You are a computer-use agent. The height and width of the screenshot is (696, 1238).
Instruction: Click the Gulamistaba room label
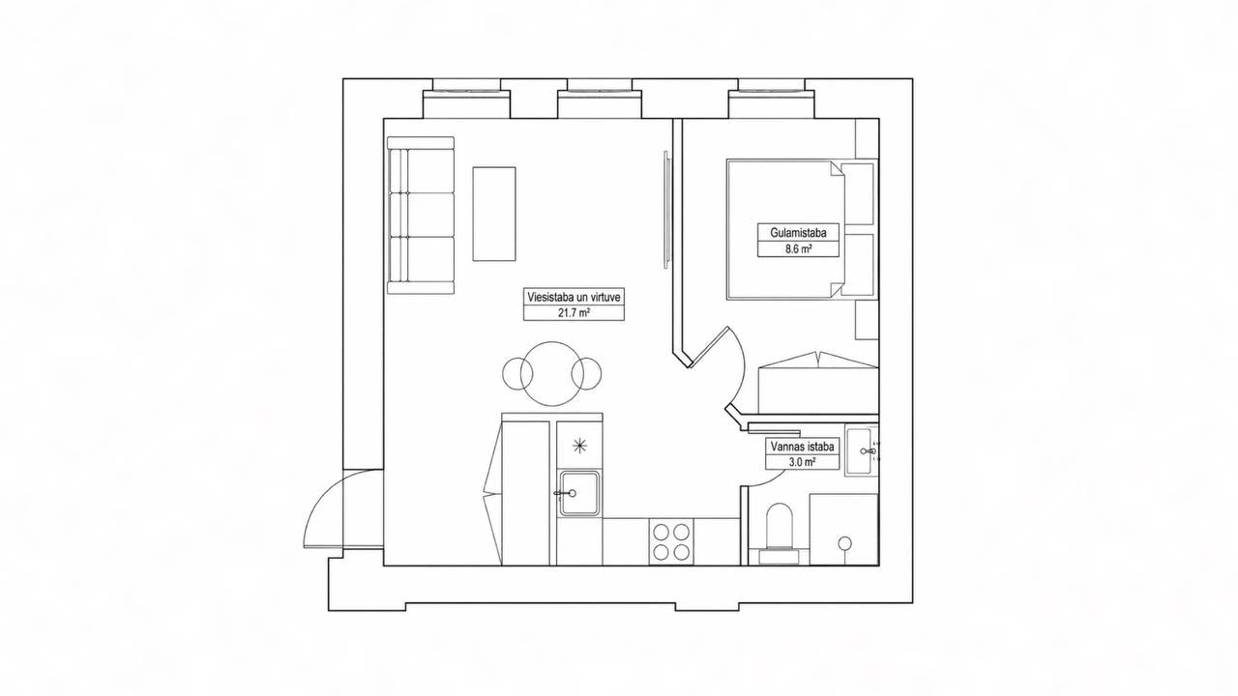coord(798,233)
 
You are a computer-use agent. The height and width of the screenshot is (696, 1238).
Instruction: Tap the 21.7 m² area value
coord(574,313)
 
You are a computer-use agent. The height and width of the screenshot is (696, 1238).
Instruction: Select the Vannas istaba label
coord(803,447)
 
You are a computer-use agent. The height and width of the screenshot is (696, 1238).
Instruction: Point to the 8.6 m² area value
coord(798,249)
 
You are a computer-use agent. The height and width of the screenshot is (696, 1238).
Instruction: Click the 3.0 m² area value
coord(803,462)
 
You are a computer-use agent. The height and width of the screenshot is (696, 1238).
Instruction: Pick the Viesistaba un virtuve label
coord(574,297)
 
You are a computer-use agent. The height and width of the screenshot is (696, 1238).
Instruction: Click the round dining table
coord(551,374)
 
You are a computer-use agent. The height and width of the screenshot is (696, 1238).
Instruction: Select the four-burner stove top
coord(671,542)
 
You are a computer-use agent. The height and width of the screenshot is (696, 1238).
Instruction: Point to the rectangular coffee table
coord(494,214)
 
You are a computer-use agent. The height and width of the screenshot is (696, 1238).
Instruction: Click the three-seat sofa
coord(421,216)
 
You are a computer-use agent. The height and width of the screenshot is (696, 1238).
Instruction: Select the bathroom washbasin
coord(860,450)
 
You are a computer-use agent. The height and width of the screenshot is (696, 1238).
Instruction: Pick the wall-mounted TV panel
coord(667,209)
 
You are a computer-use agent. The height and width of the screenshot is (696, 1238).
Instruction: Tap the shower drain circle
coord(844,543)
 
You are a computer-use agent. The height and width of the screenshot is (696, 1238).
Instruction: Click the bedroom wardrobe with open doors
coord(818,382)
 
